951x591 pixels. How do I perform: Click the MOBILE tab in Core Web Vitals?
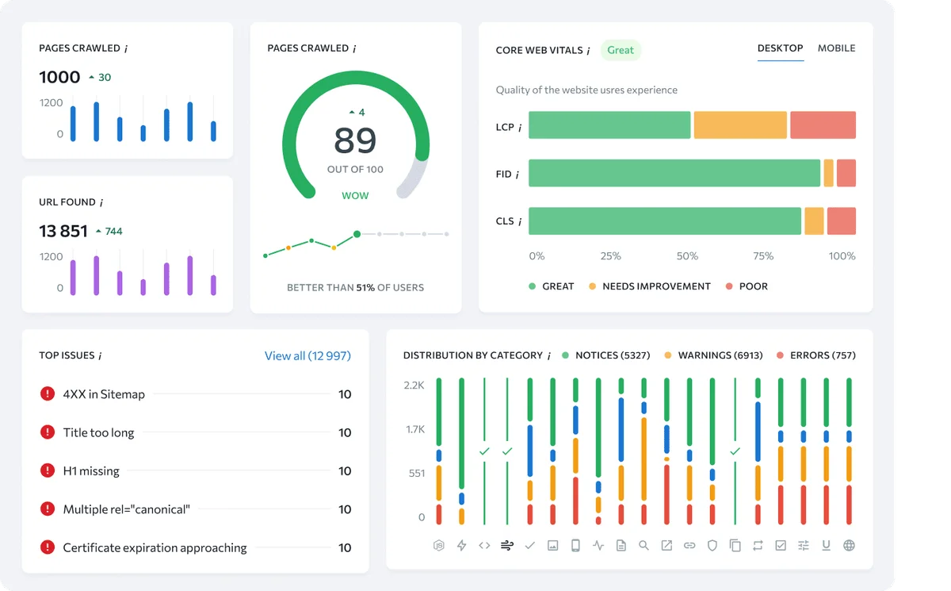[x=836, y=48]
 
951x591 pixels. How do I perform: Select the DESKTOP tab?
[x=780, y=48]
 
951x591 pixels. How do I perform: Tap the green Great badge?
[x=621, y=50]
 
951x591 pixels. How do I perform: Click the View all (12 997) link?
[x=307, y=356]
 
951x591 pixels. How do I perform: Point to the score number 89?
[x=355, y=140]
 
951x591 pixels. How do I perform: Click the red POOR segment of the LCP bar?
[x=823, y=125]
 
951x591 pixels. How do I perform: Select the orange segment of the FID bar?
[x=828, y=173]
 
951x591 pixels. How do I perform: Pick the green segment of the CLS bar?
[x=664, y=221]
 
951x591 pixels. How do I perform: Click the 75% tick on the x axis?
[x=763, y=256]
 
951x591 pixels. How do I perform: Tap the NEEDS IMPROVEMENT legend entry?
[x=655, y=286]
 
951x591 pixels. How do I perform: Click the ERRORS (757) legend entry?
[x=822, y=355]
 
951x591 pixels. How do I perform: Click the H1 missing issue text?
[x=91, y=471]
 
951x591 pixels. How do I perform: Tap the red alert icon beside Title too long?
[x=48, y=432]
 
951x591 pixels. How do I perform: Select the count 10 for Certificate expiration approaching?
[x=345, y=547]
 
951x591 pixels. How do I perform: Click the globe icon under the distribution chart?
[x=850, y=546]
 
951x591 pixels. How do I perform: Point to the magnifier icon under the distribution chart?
[x=644, y=546]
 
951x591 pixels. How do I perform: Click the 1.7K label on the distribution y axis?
[x=415, y=430]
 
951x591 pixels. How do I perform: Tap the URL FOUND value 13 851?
[x=63, y=231]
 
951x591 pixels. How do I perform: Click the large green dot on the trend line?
[x=357, y=234]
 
